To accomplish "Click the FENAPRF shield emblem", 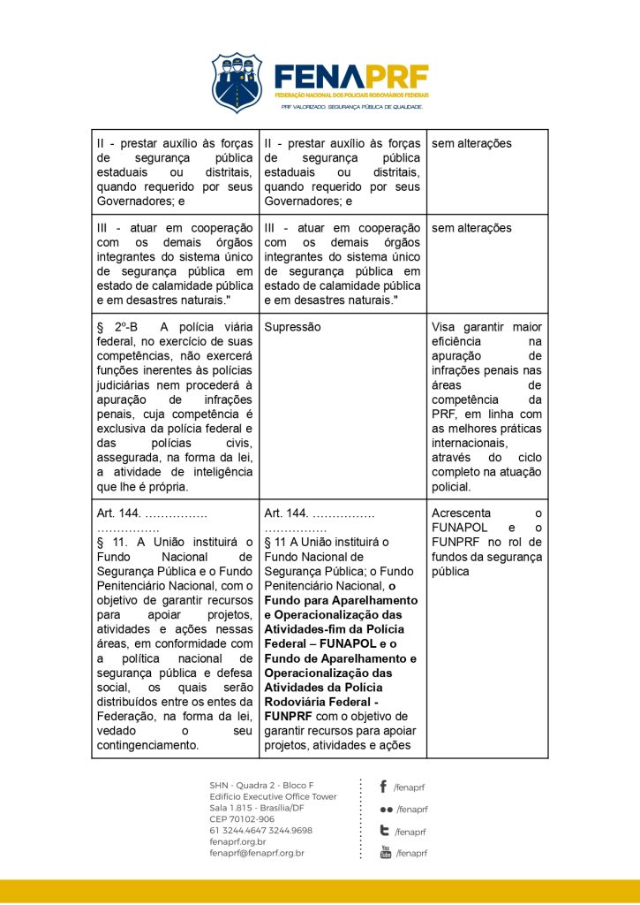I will (x=236, y=82).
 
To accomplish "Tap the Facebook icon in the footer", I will (x=383, y=787).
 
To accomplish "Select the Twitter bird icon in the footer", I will (x=384, y=831).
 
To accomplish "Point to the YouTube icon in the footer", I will (x=385, y=852).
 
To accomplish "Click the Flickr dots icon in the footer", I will (x=386, y=809).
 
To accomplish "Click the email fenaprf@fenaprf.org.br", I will (x=257, y=853).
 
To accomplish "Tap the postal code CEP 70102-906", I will (x=243, y=819).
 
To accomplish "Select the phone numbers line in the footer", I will (x=260, y=831).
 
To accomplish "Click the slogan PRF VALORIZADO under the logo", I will (x=352, y=107).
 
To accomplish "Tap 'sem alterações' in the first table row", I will (x=471, y=143).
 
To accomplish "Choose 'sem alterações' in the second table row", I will (x=471, y=228).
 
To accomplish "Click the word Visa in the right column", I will (x=444, y=327).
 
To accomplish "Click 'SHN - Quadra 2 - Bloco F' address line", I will (x=261, y=785).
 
